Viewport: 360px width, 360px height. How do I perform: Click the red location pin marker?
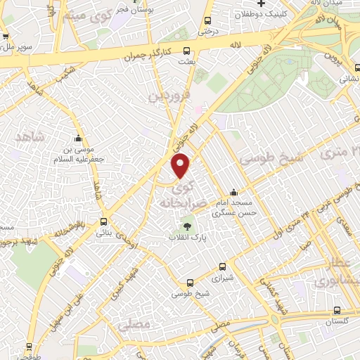click(x=181, y=165)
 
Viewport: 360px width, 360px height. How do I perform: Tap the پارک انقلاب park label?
click(x=186, y=238)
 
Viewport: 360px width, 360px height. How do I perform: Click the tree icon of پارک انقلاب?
click(x=187, y=226)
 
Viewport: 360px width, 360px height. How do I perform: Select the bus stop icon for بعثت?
click(x=186, y=51)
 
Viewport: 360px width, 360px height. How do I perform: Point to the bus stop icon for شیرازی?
click(x=222, y=266)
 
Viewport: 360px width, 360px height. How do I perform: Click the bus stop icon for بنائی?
click(x=104, y=221)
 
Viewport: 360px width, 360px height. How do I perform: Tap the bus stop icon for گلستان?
click(x=337, y=310)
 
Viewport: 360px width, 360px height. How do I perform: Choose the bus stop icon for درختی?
click(x=207, y=21)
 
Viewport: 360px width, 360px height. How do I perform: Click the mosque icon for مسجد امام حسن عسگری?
click(x=233, y=193)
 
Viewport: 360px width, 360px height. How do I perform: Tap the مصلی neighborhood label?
click(x=135, y=326)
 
